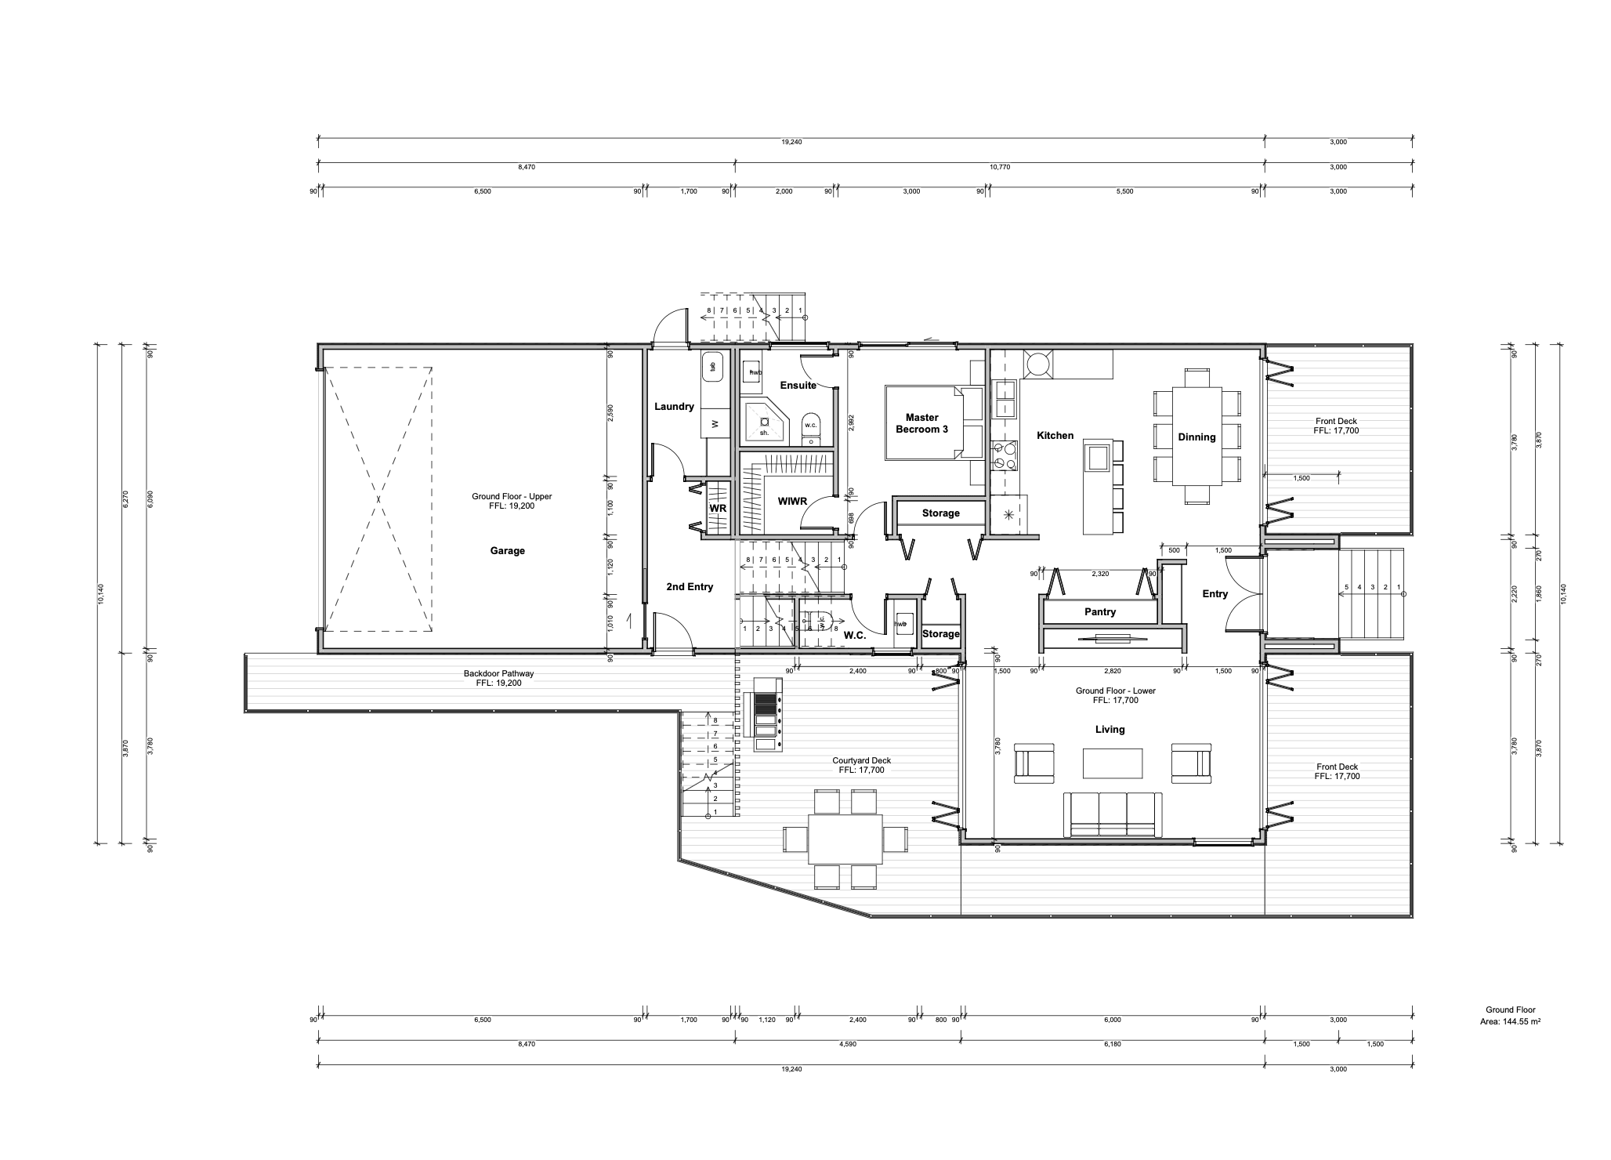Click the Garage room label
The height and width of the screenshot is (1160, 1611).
pos(507,551)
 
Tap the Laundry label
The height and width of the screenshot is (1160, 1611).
pos(674,407)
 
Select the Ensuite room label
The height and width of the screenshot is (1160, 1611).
pos(798,386)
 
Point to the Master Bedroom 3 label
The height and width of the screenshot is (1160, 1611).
pos(921,424)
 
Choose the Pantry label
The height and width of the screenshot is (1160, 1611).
pos(1099,612)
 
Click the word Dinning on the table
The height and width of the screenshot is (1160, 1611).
pos(1196,437)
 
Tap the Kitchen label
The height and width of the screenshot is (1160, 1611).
pos(1055,436)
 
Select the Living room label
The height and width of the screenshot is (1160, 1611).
pos(1110,730)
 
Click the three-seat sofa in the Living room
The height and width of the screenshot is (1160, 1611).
pos(1112,815)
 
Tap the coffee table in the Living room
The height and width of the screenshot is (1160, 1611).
pos(1112,763)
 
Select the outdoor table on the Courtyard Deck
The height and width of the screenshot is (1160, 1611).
pos(845,839)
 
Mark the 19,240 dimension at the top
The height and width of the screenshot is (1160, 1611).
pos(791,143)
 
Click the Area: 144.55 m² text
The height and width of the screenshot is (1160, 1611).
pos(1503,1022)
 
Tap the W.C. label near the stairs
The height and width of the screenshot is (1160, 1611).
pos(855,636)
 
